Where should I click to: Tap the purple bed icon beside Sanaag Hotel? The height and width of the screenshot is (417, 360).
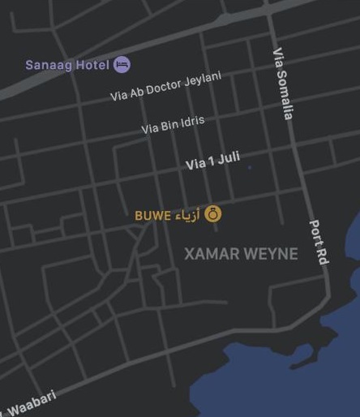[122, 64]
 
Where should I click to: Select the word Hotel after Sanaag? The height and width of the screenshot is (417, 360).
[92, 65]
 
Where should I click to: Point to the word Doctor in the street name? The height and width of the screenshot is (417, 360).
[166, 85]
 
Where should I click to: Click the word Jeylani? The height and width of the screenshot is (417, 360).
[203, 79]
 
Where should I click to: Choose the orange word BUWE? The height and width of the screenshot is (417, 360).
[152, 216]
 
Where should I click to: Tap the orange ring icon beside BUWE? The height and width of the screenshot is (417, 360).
[212, 214]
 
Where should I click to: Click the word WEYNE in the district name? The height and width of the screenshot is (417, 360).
[270, 254]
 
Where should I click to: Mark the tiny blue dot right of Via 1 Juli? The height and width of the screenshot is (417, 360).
[250, 167]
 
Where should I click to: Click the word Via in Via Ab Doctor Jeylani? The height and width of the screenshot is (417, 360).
[119, 96]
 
